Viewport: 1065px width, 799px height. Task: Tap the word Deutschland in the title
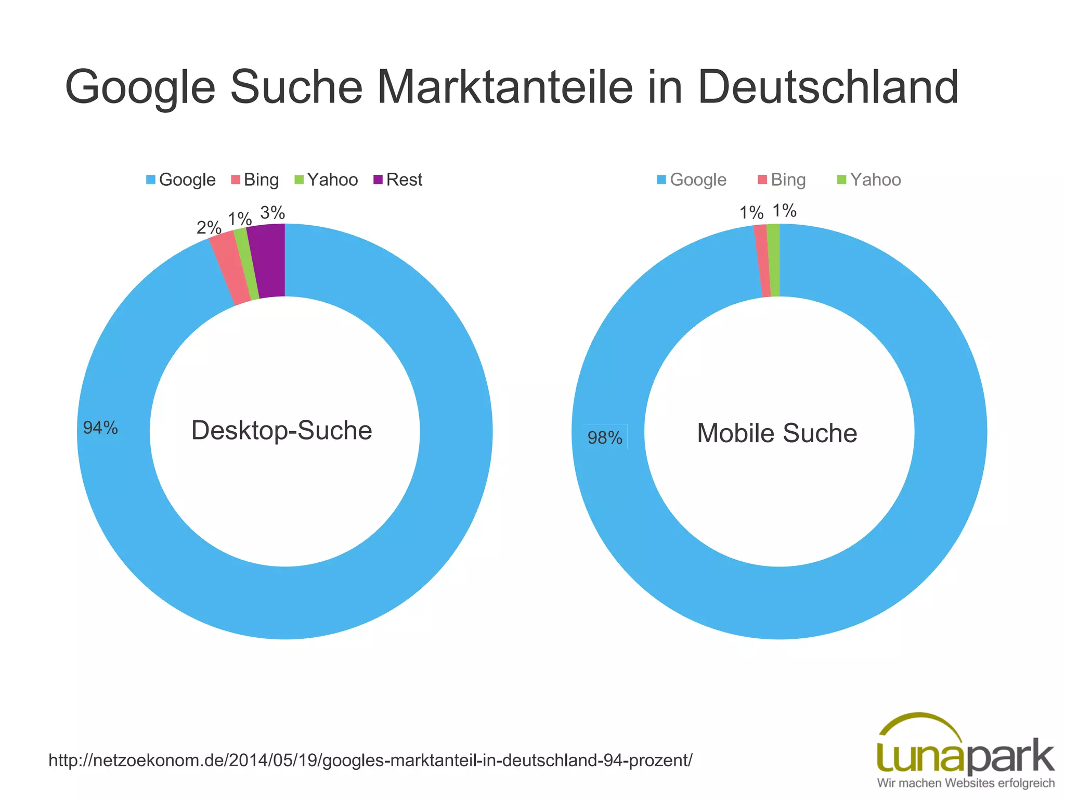[828, 87]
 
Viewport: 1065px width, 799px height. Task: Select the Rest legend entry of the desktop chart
[398, 180]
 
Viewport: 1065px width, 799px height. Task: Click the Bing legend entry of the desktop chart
[255, 180]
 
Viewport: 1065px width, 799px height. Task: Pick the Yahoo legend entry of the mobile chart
[869, 180]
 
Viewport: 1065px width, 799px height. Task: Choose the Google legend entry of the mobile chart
[691, 180]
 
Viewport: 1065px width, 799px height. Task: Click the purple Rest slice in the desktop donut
[267, 261]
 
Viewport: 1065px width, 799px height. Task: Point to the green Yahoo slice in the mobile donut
[774, 260]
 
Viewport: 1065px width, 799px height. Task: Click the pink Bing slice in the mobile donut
[763, 261]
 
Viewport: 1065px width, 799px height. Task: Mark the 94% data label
[100, 428]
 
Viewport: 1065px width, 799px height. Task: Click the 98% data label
[605, 438]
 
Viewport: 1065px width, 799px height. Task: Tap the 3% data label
[272, 213]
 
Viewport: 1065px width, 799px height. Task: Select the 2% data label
[209, 227]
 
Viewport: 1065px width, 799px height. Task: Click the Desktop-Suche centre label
[282, 431]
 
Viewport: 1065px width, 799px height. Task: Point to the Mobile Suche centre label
[777, 433]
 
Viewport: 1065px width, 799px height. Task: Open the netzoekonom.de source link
[370, 761]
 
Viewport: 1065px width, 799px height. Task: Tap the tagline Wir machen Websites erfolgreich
[966, 783]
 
